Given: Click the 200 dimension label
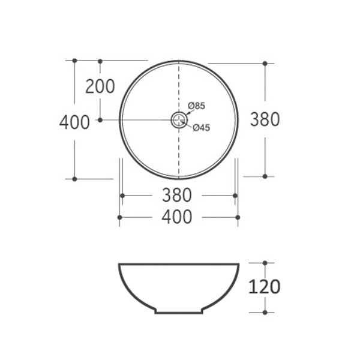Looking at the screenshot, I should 100,87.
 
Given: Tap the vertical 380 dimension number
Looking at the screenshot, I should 265,119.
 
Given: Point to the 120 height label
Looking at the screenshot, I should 265,287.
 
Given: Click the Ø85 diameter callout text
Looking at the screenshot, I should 197,106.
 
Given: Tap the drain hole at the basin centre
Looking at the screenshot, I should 179,120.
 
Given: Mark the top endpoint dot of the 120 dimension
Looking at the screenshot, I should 265,263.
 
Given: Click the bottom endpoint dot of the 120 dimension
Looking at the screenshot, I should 265,312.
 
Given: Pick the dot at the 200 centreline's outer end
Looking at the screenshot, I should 100,120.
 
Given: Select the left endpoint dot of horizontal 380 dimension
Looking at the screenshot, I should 122,196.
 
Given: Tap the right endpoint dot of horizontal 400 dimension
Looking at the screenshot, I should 238,217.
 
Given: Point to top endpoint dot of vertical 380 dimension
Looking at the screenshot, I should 265,62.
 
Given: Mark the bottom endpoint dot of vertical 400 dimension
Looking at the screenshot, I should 74,179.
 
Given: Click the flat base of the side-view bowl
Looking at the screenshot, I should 179,313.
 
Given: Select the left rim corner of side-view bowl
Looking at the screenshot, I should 119,264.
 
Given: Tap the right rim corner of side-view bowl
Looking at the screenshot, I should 239,264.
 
